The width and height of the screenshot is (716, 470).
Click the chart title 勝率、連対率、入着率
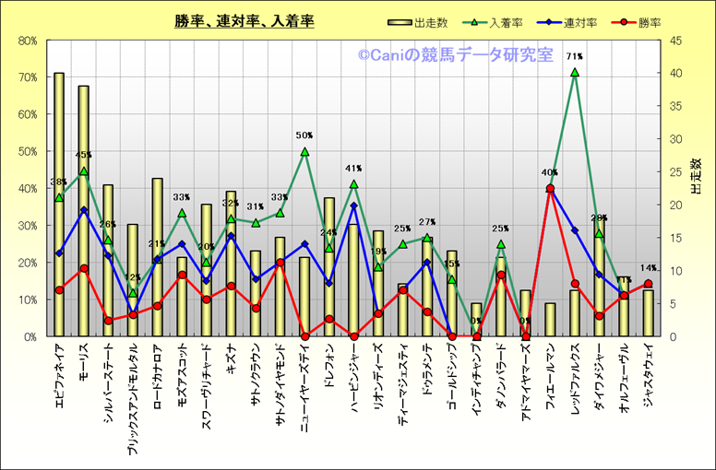[245, 21]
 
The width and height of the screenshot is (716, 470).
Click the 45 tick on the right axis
[676, 41]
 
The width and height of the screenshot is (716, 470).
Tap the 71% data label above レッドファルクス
[575, 57]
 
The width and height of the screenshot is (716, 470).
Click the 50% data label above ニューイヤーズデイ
[304, 135]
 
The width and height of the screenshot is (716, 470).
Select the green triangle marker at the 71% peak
[575, 72]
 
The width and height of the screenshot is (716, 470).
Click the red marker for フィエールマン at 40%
[550, 188]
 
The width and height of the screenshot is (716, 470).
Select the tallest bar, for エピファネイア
[59, 203]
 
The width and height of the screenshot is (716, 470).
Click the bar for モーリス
[83, 212]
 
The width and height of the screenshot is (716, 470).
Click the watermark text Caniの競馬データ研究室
[456, 55]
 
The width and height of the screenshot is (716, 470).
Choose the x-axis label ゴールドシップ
[452, 380]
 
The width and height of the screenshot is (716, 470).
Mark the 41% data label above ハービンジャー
[353, 169]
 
